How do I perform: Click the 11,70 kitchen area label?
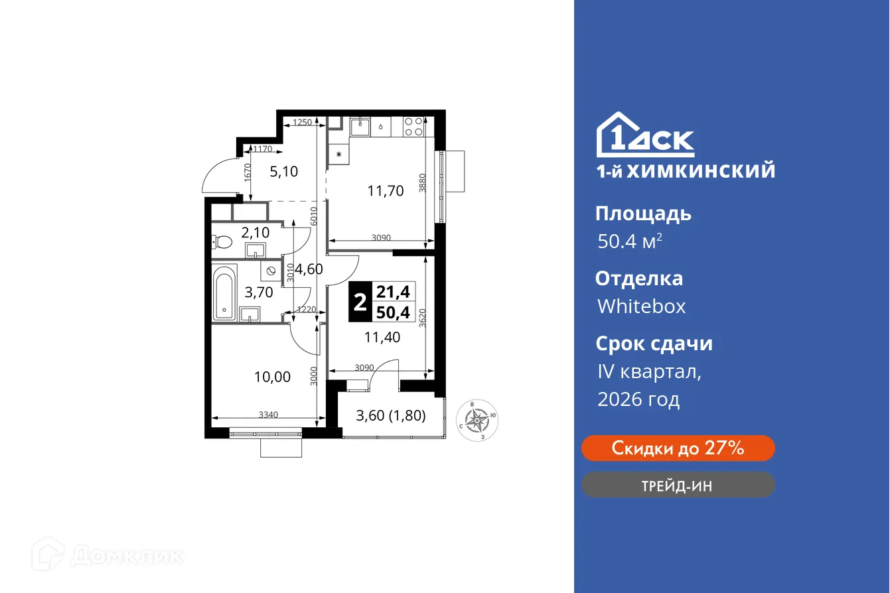click(x=386, y=191)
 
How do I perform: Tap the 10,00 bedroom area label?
click(x=272, y=377)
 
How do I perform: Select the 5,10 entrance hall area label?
click(x=283, y=172)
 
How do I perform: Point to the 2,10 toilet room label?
click(x=255, y=232)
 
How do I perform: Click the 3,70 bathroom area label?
click(x=259, y=292)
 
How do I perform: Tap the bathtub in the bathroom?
click(x=224, y=293)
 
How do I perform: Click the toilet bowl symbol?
click(x=222, y=242)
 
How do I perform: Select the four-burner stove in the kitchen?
click(x=414, y=127)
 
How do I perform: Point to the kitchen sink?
click(x=360, y=126)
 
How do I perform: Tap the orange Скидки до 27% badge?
click(x=678, y=448)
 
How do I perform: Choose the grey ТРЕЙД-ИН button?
click(x=678, y=485)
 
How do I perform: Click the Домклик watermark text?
click(x=126, y=555)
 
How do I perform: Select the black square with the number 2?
click(x=360, y=302)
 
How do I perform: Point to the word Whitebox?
click(x=641, y=306)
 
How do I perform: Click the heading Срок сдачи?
click(x=653, y=344)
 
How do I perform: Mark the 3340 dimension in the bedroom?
click(x=269, y=415)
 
